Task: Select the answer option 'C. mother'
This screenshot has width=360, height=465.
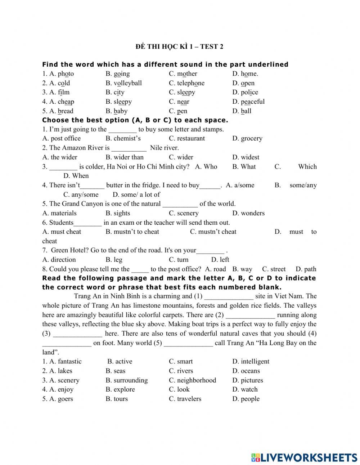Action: click(x=183, y=74)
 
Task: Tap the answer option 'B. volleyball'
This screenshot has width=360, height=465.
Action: click(x=123, y=83)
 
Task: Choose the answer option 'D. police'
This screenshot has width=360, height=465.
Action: click(x=245, y=93)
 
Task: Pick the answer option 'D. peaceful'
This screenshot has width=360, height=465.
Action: click(x=248, y=102)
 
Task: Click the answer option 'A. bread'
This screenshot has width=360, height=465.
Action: click(x=58, y=111)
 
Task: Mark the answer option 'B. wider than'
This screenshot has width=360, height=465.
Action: click(x=124, y=157)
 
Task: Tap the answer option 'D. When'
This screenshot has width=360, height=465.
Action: click(x=76, y=176)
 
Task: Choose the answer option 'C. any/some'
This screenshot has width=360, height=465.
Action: click(x=81, y=195)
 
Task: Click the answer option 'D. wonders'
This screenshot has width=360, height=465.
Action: click(x=248, y=213)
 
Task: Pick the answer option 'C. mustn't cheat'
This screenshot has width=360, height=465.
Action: click(x=213, y=232)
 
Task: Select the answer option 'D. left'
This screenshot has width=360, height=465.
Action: click(x=220, y=260)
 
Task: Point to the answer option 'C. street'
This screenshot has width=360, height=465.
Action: click(x=274, y=269)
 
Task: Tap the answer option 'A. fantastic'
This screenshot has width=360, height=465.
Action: click(x=62, y=362)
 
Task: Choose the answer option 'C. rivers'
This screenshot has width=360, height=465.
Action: click(x=181, y=371)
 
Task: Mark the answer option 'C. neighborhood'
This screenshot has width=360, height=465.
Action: click(x=192, y=380)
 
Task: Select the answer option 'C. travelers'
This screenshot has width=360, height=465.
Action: click(x=185, y=399)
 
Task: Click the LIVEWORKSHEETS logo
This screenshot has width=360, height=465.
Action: click(x=304, y=457)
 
